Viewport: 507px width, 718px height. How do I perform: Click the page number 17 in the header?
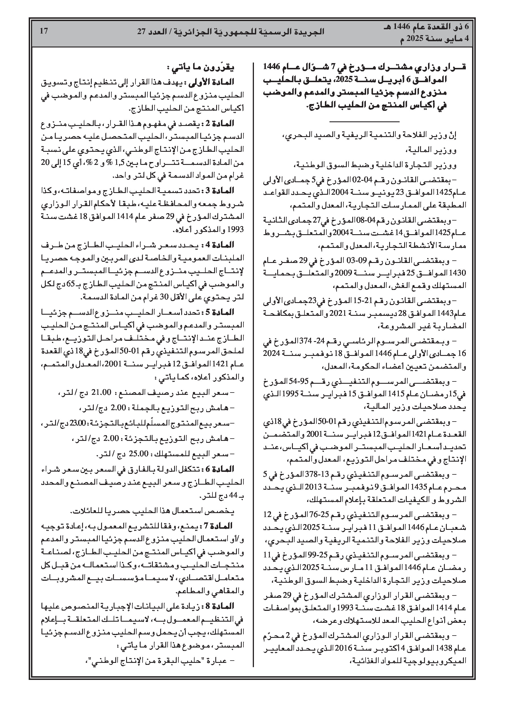pyautogui.click(x=44, y=31)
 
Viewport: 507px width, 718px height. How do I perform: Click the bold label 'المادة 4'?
pyautogui.click(x=222, y=244)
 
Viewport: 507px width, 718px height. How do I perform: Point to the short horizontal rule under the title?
pyautogui.click(x=364, y=121)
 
